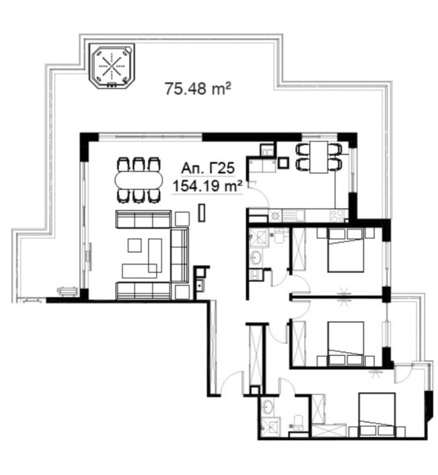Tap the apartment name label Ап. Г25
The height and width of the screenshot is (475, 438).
[x=208, y=168]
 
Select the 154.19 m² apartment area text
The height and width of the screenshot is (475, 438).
[x=207, y=186]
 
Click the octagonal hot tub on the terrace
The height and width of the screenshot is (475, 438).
[x=111, y=66]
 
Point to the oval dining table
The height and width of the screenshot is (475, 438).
[x=138, y=180]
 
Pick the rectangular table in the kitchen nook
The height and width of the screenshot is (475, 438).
[x=319, y=157]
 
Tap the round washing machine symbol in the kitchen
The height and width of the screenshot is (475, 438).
[x=275, y=216]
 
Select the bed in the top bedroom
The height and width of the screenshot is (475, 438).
[x=346, y=250]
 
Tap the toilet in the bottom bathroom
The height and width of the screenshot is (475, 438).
[x=297, y=422]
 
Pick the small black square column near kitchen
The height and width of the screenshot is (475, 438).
[x=283, y=163]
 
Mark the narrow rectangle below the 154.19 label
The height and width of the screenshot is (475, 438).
[x=202, y=213]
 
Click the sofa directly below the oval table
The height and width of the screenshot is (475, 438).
[x=143, y=219]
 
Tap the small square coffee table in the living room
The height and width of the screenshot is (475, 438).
[x=134, y=245]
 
